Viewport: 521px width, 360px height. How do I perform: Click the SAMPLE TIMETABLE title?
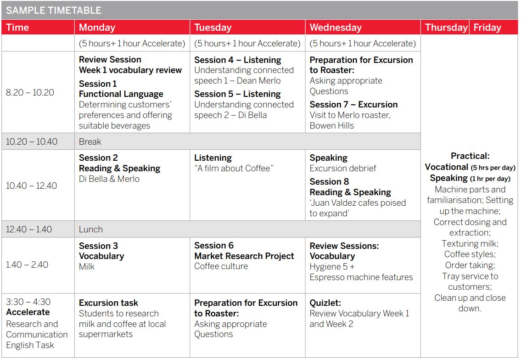tap(54, 10)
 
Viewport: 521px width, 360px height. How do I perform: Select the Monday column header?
tap(97, 27)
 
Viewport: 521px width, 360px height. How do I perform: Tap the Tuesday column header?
tap(213, 27)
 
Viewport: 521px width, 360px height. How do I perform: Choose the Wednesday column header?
tap(336, 27)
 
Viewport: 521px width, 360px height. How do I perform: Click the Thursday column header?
tap(446, 27)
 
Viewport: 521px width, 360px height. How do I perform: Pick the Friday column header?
tap(487, 27)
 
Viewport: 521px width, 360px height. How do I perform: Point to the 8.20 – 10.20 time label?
tap(30, 92)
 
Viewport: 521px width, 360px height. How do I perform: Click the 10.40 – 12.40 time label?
tap(31, 186)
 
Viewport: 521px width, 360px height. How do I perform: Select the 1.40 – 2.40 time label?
tap(27, 264)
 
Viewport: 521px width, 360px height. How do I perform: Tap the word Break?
tap(90, 141)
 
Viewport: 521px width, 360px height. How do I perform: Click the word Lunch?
tap(91, 230)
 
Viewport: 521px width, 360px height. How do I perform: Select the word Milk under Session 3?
tap(86, 267)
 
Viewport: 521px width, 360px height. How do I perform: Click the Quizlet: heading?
tap(325, 303)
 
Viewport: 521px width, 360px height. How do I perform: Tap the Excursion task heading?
tap(108, 303)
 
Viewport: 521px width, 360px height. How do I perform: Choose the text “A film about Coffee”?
tap(234, 168)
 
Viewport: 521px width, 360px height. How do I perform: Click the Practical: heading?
tap(470, 156)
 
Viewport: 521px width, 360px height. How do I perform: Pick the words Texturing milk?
tap(470, 244)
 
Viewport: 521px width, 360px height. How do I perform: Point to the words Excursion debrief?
tap(342, 168)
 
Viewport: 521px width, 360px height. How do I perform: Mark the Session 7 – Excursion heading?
tap(353, 104)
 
